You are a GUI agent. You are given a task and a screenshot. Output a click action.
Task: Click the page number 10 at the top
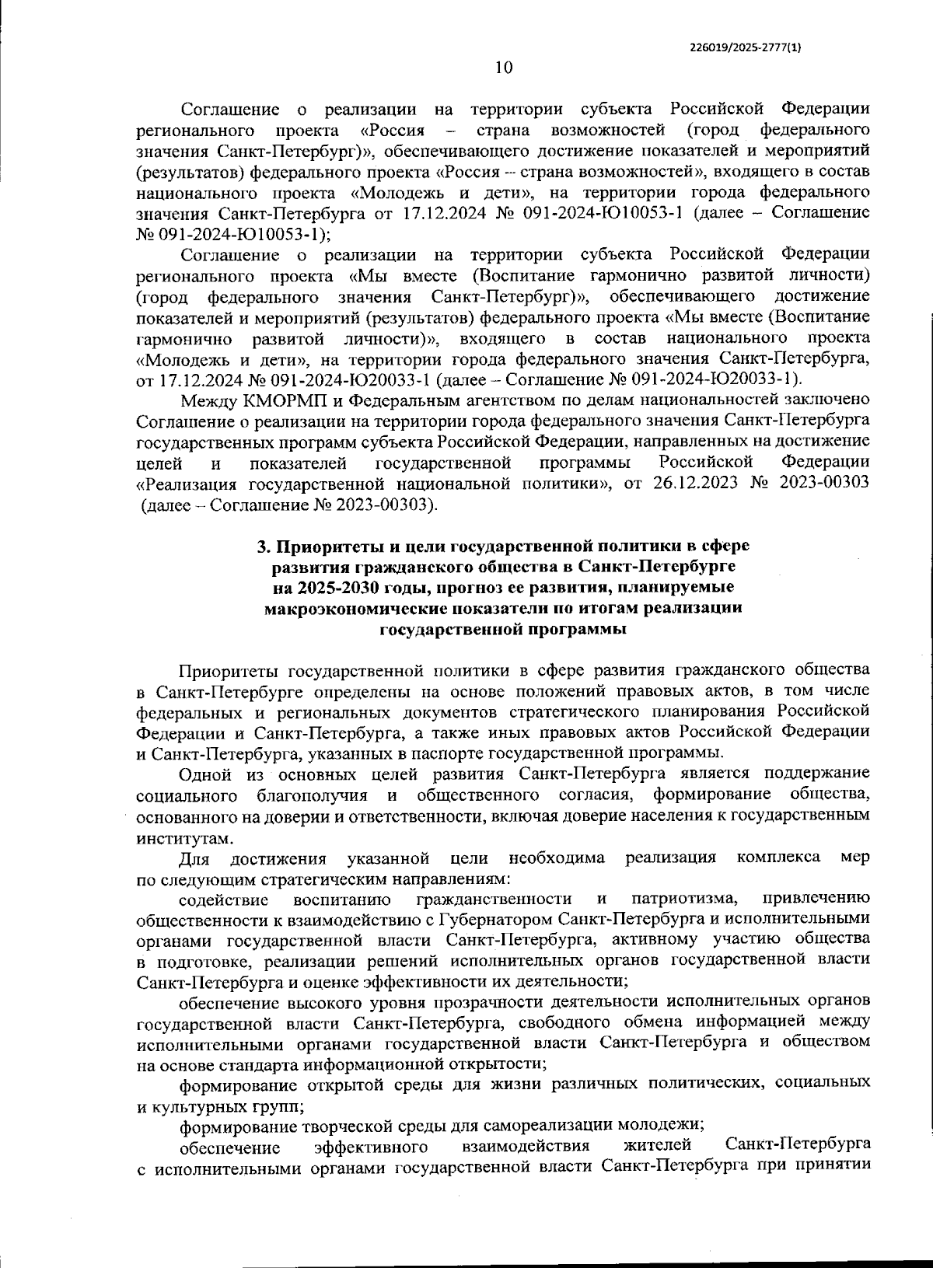click(504, 68)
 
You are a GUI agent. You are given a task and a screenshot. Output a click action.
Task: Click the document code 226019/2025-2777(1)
click(746, 47)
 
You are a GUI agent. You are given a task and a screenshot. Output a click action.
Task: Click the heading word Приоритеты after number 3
click(327, 546)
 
